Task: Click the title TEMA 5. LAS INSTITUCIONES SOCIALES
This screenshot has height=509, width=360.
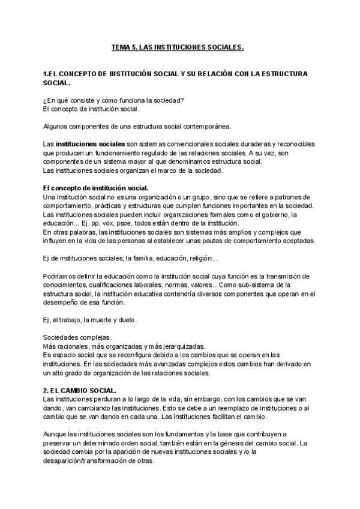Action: coord(178,46)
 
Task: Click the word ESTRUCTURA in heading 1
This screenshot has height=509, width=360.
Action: coord(282,74)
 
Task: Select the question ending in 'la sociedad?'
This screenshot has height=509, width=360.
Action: coord(113,100)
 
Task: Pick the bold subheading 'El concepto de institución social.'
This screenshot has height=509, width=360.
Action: coord(96,188)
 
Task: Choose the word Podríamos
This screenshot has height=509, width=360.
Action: coord(61,276)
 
